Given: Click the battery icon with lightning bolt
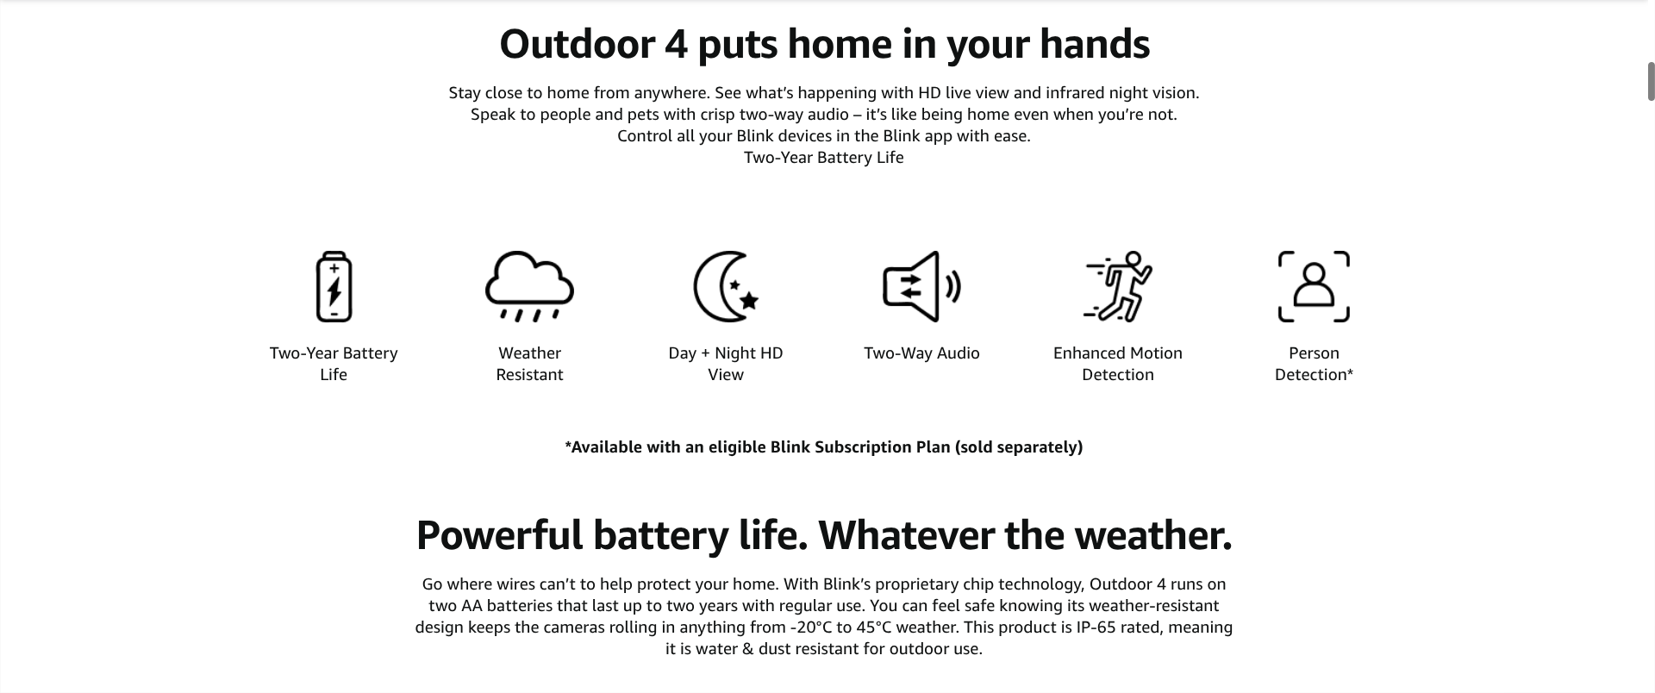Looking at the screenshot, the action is [334, 287].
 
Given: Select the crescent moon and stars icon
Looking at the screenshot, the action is [726, 287].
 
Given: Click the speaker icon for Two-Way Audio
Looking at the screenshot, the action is [921, 287].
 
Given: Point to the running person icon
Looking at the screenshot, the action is [1118, 287].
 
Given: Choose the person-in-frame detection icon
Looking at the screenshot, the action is [1314, 287].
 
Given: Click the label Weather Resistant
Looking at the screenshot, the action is [529, 364].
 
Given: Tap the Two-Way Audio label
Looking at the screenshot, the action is [921, 353].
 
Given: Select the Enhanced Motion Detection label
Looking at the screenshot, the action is [1118, 364].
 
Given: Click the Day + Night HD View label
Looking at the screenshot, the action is [726, 364].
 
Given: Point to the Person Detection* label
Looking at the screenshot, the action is [1314, 364].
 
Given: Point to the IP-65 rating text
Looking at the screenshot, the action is [1098, 627].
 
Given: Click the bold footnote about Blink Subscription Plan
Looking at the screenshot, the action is [824, 447].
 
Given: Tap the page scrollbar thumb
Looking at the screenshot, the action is [1651, 82].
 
